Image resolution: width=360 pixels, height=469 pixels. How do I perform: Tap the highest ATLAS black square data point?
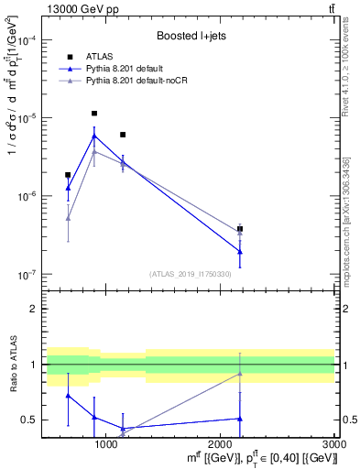click(x=94, y=114)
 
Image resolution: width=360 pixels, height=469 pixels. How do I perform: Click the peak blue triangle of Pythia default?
click(x=94, y=136)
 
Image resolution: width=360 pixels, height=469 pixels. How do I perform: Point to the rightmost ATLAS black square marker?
click(x=240, y=229)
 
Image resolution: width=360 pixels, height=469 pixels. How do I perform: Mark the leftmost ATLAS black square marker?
click(x=68, y=174)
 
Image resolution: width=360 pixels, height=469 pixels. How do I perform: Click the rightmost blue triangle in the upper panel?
click(x=240, y=251)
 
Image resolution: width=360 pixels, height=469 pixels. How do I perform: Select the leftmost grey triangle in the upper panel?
click(x=68, y=218)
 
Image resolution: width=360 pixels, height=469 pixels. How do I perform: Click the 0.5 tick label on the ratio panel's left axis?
click(x=29, y=420)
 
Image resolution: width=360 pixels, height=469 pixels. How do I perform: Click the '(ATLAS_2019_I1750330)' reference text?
click(x=191, y=274)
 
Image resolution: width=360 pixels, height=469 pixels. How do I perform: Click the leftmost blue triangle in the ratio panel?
click(x=68, y=396)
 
